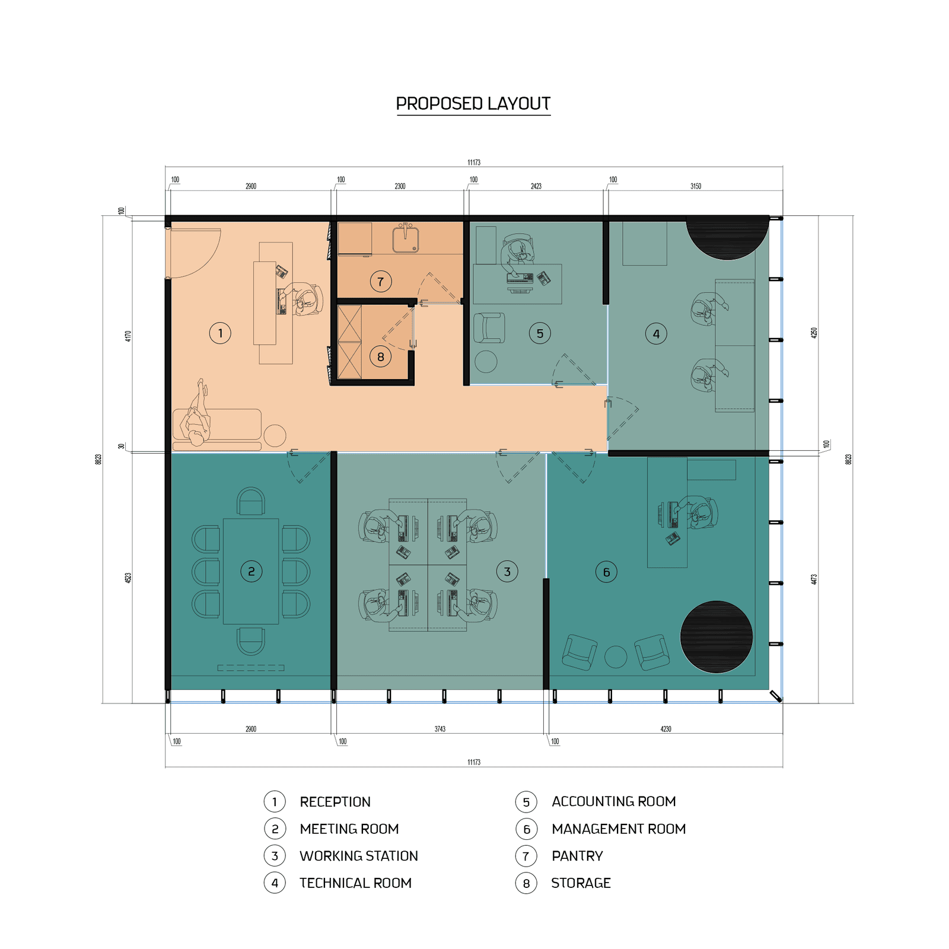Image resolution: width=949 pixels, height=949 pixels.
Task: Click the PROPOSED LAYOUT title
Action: pos(473,104)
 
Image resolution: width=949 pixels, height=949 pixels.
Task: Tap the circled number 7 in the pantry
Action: pos(381,282)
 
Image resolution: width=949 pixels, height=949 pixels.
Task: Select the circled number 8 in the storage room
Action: pos(380,356)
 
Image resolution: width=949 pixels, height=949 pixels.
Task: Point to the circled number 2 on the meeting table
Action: pos(251,571)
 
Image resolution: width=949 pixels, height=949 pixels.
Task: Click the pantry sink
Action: pos(406,238)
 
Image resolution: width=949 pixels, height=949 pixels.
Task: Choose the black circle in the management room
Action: pos(716,637)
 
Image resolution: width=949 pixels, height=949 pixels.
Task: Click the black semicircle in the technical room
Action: pos(727,238)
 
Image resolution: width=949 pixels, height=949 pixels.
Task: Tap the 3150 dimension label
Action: pos(696,186)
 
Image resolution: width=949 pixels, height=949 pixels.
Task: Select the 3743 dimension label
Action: pos(440,729)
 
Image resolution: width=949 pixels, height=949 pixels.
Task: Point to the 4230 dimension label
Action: pos(665,729)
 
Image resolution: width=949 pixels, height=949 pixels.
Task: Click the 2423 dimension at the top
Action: pos(536,186)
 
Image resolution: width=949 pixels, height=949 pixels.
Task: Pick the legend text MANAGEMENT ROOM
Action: pos(619,829)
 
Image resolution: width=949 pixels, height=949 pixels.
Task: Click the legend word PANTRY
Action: pos(577,856)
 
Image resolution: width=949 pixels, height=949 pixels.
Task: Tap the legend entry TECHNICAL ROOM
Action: pos(355,883)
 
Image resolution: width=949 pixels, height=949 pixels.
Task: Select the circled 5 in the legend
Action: pos(526,802)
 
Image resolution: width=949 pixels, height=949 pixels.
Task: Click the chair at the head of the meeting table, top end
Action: pos(251,501)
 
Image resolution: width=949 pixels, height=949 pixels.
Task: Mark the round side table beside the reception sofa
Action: pos(275,436)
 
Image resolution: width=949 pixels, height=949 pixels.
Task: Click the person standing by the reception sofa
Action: pos(197,413)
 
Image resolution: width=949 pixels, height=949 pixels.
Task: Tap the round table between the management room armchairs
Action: pos(616,657)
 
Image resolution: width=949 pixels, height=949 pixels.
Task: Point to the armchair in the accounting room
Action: pos(489,328)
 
